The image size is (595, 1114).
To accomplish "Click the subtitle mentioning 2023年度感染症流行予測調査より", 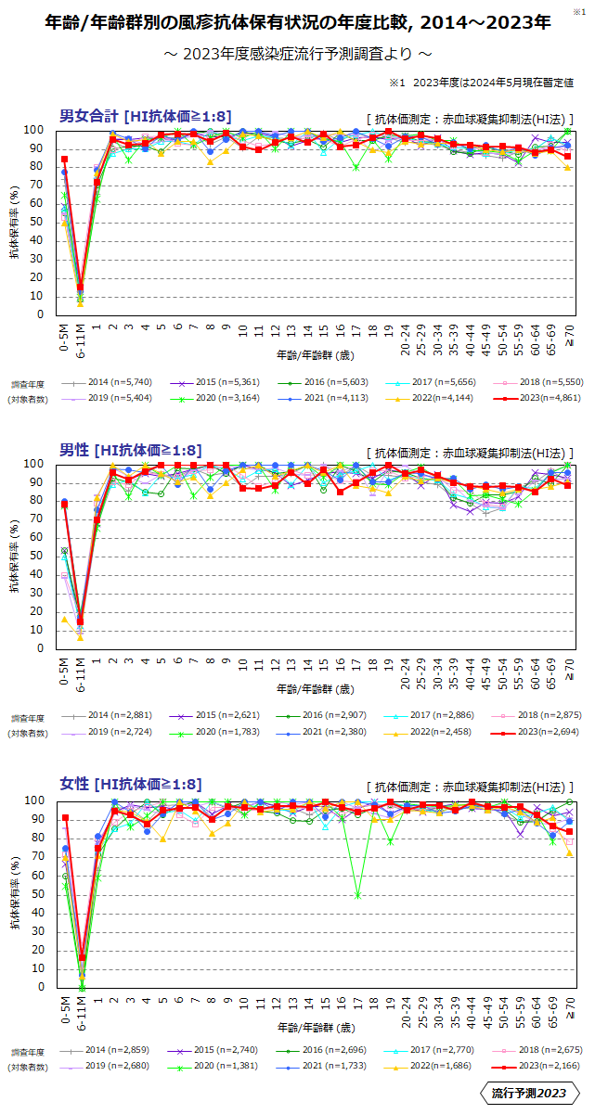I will coord(297,55).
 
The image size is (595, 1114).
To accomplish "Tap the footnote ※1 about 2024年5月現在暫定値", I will coord(481,83).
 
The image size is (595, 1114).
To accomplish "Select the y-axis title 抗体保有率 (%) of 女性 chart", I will coord(15,893).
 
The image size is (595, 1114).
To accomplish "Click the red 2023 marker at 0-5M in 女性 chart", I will coord(65,818).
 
